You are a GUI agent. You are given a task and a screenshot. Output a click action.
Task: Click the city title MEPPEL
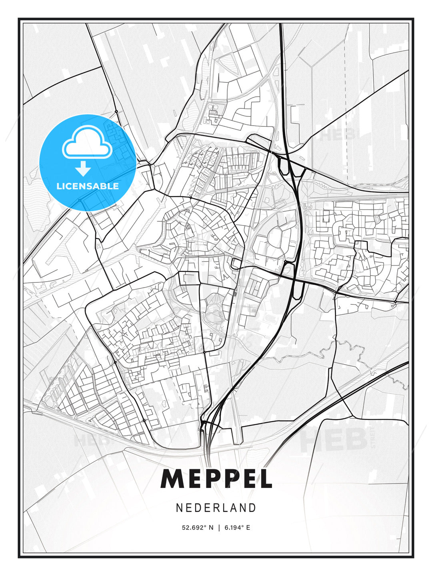coord(216,479)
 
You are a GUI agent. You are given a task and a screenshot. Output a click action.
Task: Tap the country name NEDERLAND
coord(216,508)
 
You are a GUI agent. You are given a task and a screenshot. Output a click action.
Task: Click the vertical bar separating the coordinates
coord(219,528)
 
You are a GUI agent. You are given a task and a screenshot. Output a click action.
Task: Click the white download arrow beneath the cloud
coord(83,169)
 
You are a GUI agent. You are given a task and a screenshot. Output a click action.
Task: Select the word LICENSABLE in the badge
coord(88,186)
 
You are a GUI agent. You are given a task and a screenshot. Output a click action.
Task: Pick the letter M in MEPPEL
coord(173,479)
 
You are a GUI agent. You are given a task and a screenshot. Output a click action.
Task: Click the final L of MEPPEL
coord(264,479)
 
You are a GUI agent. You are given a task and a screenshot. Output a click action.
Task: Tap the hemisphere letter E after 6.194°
coord(248,528)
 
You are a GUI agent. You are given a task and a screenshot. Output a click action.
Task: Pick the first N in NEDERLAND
coord(179,508)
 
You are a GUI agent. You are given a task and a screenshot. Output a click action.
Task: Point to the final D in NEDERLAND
coord(252,508)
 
